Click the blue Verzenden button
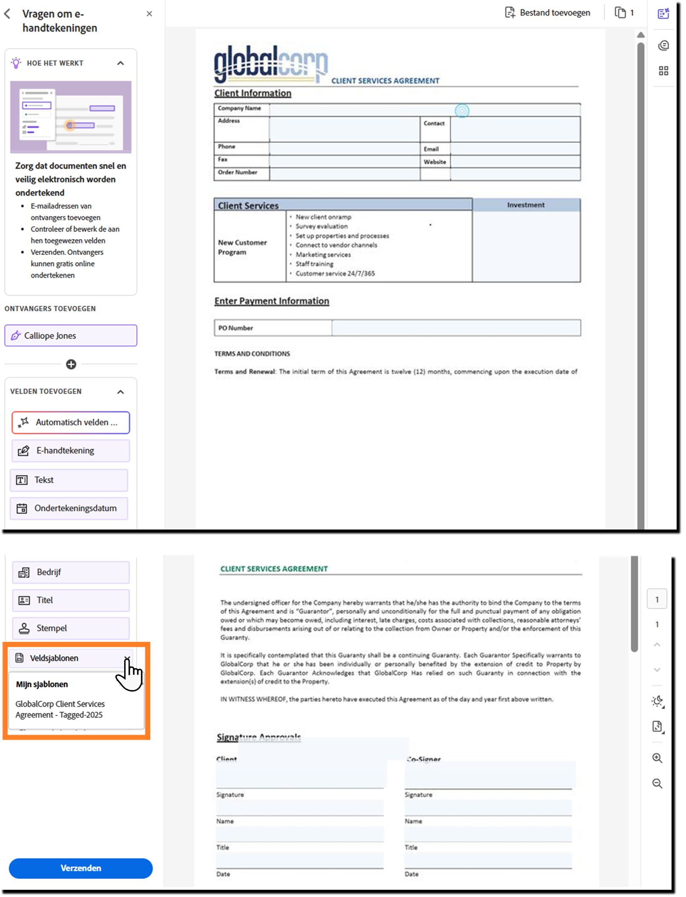pos(80,868)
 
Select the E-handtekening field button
pos(71,450)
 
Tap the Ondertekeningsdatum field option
pos(69,508)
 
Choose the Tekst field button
pos(69,480)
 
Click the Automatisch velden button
pos(71,422)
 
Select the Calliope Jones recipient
pos(71,336)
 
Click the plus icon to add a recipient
pos(71,364)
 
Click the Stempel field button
pos(71,628)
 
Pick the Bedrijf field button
pos(71,572)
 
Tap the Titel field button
pos(71,600)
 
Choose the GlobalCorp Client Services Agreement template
pos(60,709)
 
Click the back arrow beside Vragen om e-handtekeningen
pos(7,14)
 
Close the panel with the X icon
pos(149,14)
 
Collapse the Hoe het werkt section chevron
pos(121,63)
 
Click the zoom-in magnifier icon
pos(657,758)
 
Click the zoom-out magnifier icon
pos(657,783)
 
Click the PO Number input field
pos(455,328)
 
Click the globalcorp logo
pos(270,64)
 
